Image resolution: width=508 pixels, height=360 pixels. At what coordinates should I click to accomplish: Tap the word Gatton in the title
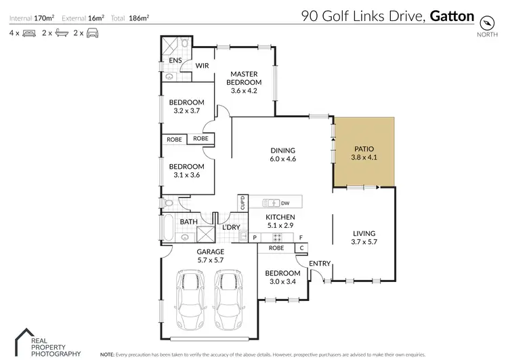pyautogui.click(x=452, y=16)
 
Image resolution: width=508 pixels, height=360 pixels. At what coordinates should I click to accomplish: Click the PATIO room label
pyautogui.click(x=364, y=149)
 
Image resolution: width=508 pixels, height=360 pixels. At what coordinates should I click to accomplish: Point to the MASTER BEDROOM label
pyautogui.click(x=246, y=79)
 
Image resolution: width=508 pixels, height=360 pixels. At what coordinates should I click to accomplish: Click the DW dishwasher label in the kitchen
pyautogui.click(x=285, y=203)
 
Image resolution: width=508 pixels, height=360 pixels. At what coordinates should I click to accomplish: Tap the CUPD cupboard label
pyautogui.click(x=240, y=203)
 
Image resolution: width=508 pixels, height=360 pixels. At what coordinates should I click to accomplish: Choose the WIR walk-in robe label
pyautogui.click(x=202, y=66)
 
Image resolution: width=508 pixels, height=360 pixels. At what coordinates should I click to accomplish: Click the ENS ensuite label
pyautogui.click(x=175, y=60)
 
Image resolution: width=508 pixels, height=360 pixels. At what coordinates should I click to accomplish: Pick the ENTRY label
pyautogui.click(x=320, y=263)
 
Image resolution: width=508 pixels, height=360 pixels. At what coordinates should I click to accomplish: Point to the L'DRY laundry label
pyautogui.click(x=232, y=226)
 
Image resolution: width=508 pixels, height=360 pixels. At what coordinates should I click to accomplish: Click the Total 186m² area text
pyautogui.click(x=134, y=18)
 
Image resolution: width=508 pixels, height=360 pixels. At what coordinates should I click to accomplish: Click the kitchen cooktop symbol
pyautogui.click(x=276, y=237)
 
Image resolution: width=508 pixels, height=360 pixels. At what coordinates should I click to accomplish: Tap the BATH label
pyautogui.click(x=188, y=221)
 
